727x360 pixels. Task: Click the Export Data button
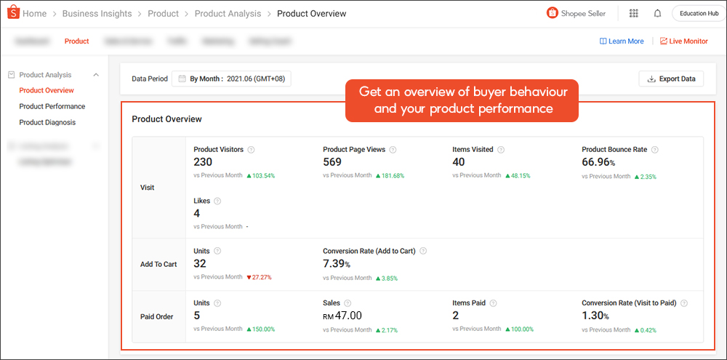(671, 79)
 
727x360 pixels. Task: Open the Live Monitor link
(683, 41)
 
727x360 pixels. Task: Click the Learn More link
(622, 41)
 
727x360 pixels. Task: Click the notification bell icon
(657, 13)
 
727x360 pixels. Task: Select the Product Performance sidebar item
(52, 106)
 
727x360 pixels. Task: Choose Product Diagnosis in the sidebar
(47, 122)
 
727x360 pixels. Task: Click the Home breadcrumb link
(34, 14)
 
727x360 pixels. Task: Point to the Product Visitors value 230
(203, 162)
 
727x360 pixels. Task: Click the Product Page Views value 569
(332, 162)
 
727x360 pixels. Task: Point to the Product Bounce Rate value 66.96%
(598, 162)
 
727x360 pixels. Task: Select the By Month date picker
(231, 79)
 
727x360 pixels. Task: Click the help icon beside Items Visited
(501, 150)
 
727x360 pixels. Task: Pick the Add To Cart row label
(158, 264)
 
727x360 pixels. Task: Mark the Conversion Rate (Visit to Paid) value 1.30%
(595, 316)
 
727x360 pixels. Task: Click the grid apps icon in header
(634, 13)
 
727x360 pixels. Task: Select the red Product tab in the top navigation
(76, 41)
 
